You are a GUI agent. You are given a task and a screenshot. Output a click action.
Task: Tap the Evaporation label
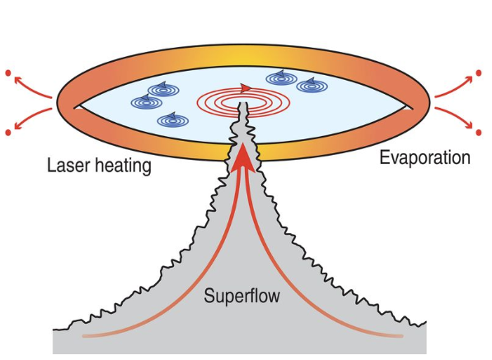coord(425,158)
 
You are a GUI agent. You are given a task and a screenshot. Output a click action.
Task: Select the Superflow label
coord(241,296)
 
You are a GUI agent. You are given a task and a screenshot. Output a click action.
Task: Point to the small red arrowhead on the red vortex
coord(245,88)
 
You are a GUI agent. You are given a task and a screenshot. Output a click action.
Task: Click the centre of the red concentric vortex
coord(243,102)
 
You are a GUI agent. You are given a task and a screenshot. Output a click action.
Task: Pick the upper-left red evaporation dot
coord(8,73)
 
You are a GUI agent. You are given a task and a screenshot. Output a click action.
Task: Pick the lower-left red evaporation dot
coord(8,133)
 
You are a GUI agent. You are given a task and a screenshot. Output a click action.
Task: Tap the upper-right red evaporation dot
coord(479,73)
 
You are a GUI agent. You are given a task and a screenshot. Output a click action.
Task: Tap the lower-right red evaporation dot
coord(479,133)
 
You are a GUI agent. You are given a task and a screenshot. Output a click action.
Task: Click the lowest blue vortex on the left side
coord(173,120)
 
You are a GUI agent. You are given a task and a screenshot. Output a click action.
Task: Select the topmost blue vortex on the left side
coord(163,90)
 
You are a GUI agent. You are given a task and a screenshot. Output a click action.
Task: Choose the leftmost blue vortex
coord(146,102)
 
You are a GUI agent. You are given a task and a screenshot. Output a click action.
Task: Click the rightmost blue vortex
coord(312,86)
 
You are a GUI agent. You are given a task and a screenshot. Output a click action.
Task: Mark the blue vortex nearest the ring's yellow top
coord(282,78)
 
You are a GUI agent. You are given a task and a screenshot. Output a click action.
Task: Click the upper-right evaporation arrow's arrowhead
coord(468,79)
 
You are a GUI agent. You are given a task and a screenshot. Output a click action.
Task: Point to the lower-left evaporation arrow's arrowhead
coord(18,126)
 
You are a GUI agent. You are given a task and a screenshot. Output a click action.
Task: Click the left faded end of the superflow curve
coord(84,336)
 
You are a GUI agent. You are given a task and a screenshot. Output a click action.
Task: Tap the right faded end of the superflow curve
coord(401,336)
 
